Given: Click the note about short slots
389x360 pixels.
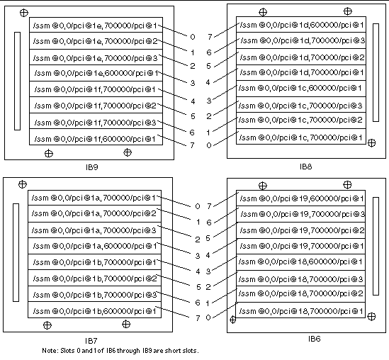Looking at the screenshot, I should [x=120, y=351].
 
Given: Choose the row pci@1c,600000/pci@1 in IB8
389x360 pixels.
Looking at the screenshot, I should [x=301, y=89].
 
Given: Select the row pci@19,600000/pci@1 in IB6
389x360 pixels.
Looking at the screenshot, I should [x=301, y=198].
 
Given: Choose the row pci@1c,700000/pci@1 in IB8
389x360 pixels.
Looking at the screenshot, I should [x=301, y=137].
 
